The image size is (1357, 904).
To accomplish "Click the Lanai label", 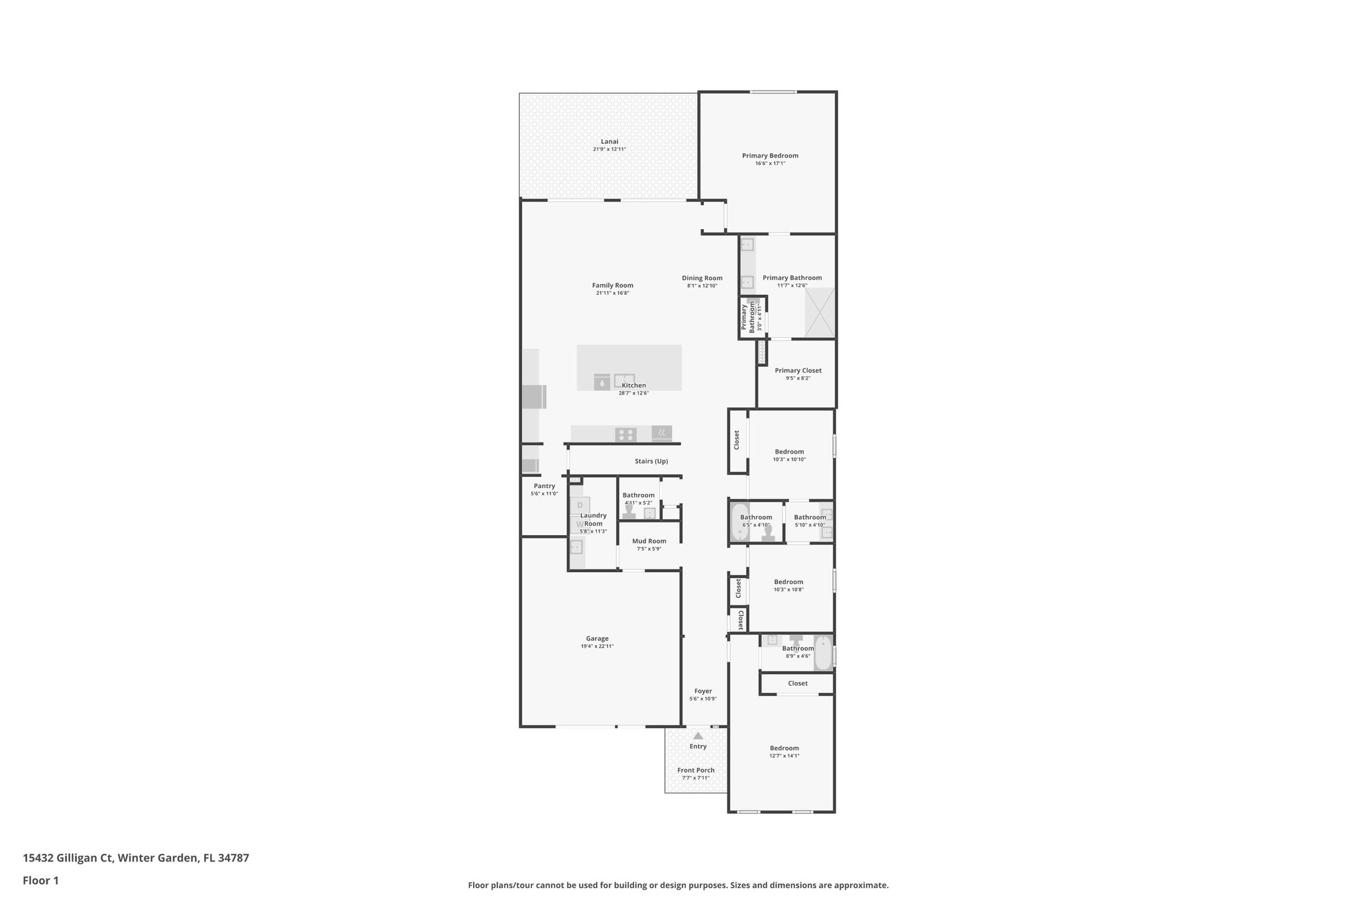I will (610, 141).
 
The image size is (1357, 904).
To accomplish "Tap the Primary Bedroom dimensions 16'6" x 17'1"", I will (770, 164).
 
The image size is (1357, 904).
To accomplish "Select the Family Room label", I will (612, 285).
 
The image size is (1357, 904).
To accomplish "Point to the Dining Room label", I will (702, 278).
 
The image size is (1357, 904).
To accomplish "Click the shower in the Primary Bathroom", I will (819, 313).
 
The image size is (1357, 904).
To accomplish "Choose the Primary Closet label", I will (798, 370).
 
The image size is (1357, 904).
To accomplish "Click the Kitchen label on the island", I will (633, 385).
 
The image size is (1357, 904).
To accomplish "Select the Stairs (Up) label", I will (651, 461).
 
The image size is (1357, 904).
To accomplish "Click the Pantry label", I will (544, 486).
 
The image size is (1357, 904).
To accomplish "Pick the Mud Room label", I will (649, 541).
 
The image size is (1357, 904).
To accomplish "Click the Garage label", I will (597, 638).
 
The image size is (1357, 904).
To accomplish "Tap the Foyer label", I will (703, 691).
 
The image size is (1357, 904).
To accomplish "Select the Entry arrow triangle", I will (698, 735).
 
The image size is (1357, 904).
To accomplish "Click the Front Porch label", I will (696, 770).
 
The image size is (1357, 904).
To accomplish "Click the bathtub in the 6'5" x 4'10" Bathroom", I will (739, 523).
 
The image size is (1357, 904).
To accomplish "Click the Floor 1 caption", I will (40, 880).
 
